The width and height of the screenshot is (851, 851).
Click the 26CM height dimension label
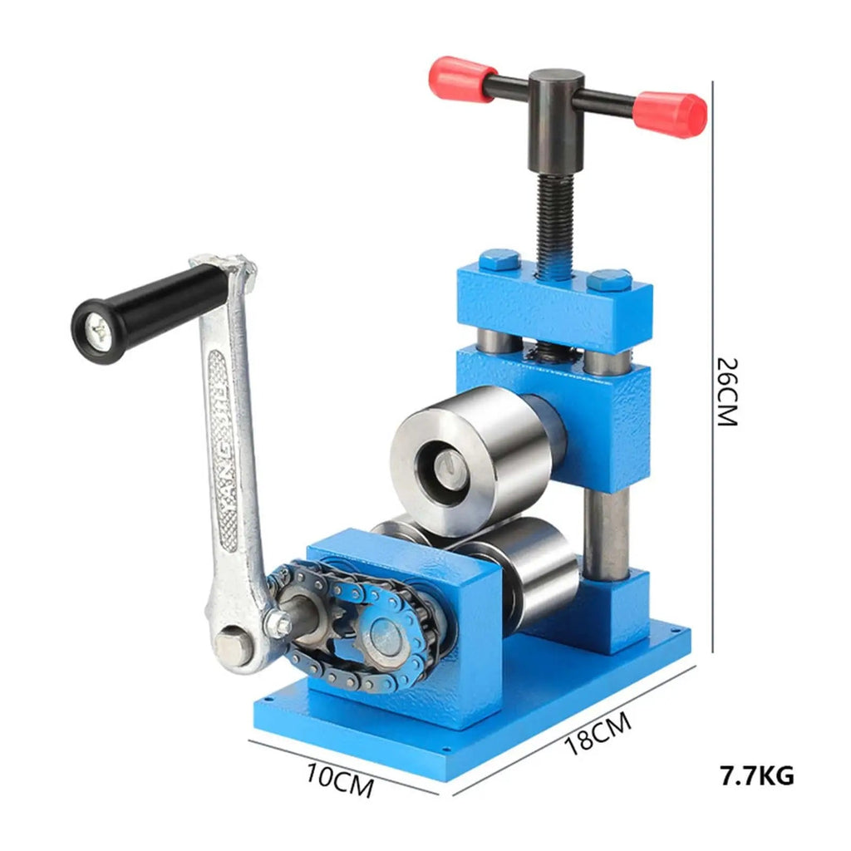click(x=727, y=391)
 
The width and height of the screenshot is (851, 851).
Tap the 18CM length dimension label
click(x=598, y=733)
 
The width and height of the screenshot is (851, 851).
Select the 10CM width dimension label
click(x=340, y=780)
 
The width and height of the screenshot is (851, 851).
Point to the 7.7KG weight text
click(x=756, y=775)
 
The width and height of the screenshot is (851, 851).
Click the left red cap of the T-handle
click(x=461, y=79)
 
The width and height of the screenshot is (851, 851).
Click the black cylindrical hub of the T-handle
click(x=556, y=121)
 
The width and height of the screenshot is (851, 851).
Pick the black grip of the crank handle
click(x=150, y=313)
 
